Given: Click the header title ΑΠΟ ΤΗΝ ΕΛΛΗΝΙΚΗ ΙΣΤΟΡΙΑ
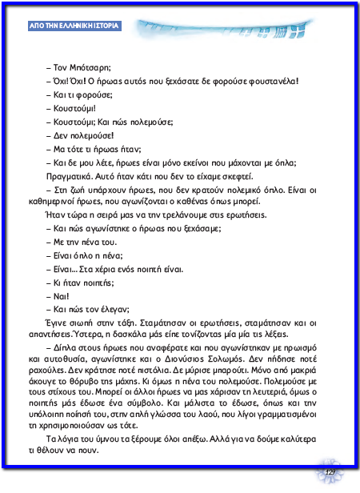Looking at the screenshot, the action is (73, 26).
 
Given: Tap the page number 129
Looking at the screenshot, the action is (329, 474).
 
